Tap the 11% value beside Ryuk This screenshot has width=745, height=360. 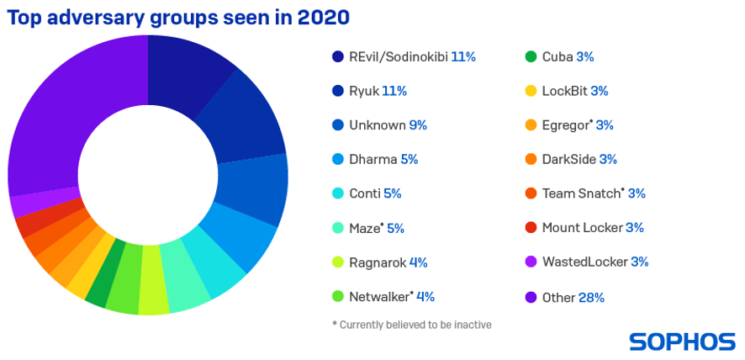pos(395,91)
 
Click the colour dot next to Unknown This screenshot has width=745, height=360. pos(338,125)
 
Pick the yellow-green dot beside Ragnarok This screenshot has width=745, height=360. pos(338,262)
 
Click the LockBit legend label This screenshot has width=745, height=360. pos(564,91)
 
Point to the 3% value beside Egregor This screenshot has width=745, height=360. pos(605,125)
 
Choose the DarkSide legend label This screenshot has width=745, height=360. pos(569,160)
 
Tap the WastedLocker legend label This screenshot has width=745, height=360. pos(584,262)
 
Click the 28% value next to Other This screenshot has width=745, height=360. pos(591,297)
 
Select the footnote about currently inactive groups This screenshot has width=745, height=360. pos(412,325)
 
